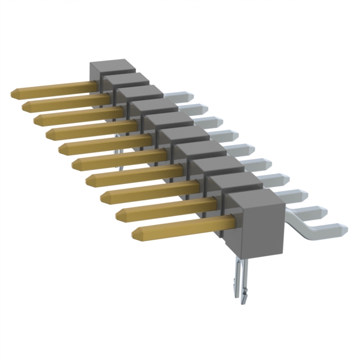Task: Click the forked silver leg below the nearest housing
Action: pos(238,281)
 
